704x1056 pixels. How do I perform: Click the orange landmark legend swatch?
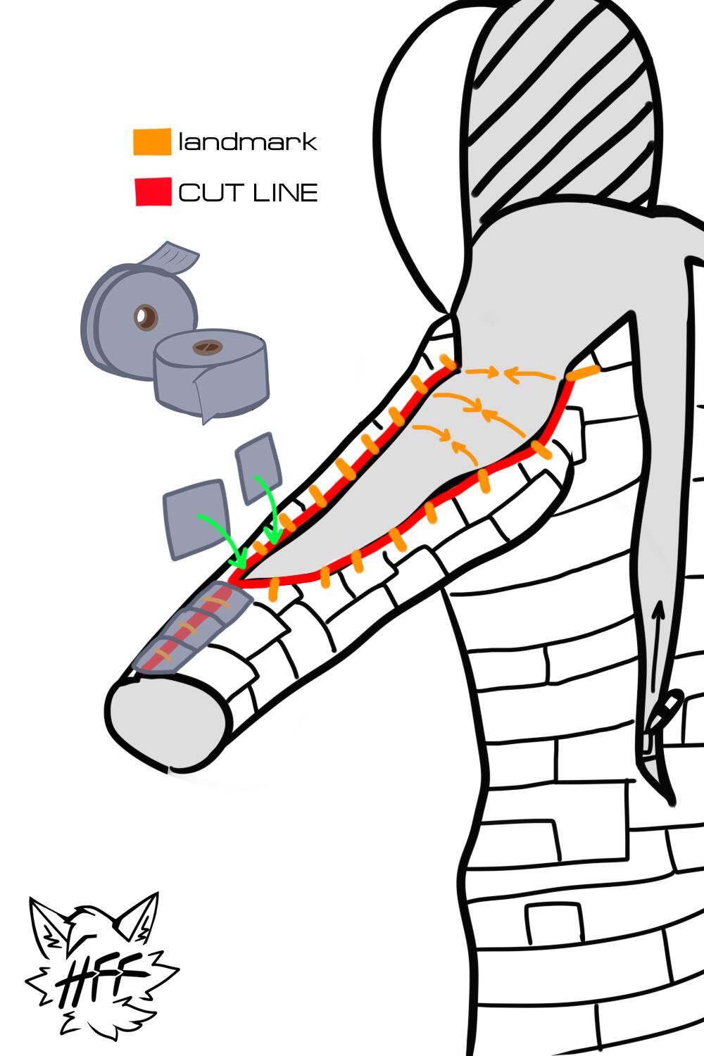pyautogui.click(x=152, y=142)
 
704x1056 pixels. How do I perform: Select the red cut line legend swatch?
pyautogui.click(x=153, y=191)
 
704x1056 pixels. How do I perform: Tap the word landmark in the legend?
pyautogui.click(x=248, y=142)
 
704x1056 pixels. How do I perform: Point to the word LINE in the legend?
pyautogui.click(x=284, y=192)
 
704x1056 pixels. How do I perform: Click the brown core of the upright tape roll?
pyautogui.click(x=146, y=318)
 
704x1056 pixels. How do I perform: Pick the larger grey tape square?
pyautogui.click(x=195, y=518)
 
